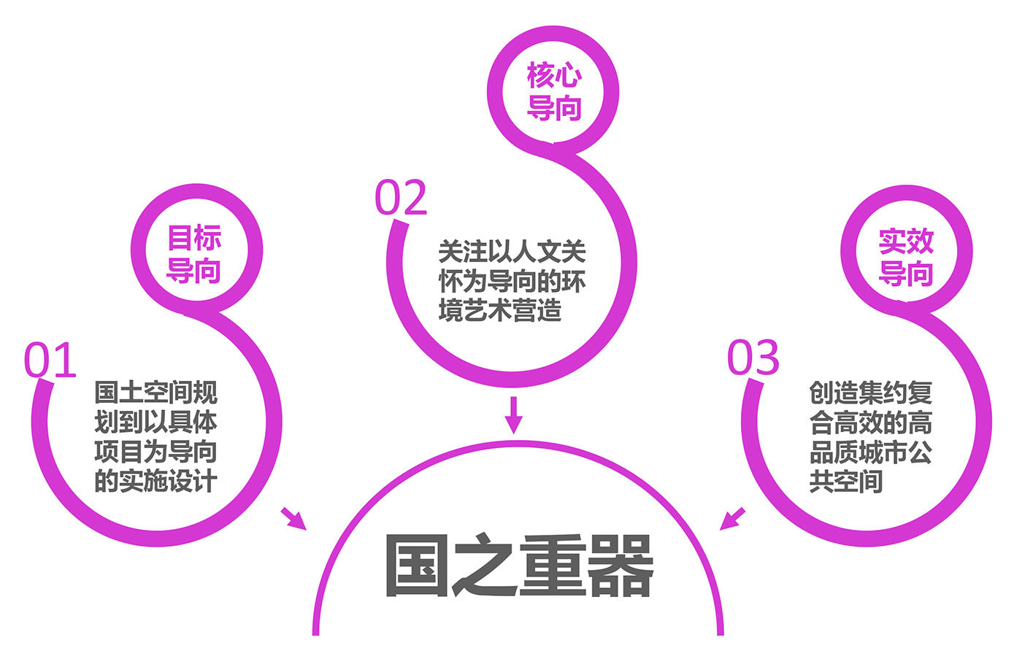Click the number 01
click(50, 360)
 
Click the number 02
click(401, 198)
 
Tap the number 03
click(753, 358)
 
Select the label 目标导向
click(193, 254)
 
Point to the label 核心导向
click(554, 91)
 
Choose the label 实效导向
click(906, 257)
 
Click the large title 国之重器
click(518, 566)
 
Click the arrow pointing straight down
click(515, 414)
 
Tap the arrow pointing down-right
click(293, 517)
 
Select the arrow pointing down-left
click(733, 518)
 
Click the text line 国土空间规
click(155, 393)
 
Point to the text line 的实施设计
click(155, 482)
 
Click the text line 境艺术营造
click(500, 311)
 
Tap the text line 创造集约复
click(870, 393)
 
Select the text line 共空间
click(846, 482)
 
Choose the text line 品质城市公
click(870, 452)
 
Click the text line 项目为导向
click(155, 452)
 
